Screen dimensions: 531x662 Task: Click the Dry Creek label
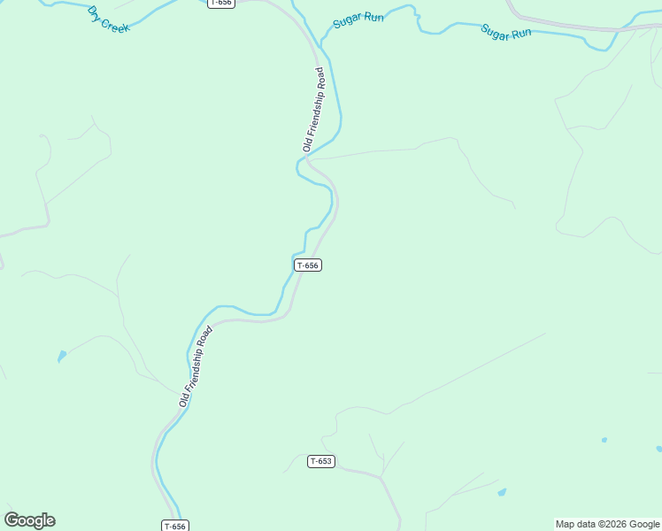(108, 19)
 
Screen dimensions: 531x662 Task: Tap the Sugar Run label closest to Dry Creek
(358, 19)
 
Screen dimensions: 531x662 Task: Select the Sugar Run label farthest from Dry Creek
(506, 31)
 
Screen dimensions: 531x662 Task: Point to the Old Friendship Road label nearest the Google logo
(196, 366)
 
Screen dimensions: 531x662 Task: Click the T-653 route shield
(321, 461)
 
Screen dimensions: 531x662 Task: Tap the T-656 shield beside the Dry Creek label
(221, 4)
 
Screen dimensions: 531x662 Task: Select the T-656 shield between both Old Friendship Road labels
(307, 265)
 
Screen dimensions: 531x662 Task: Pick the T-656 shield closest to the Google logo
(175, 526)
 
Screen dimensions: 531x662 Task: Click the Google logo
(30, 520)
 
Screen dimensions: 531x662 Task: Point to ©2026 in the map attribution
(611, 524)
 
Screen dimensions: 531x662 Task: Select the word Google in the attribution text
(644, 524)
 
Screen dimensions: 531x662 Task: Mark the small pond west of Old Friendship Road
(61, 357)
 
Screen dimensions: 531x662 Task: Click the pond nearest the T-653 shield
(502, 492)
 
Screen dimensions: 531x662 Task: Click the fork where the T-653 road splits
(381, 478)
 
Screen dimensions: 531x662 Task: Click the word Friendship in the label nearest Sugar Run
(314, 116)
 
